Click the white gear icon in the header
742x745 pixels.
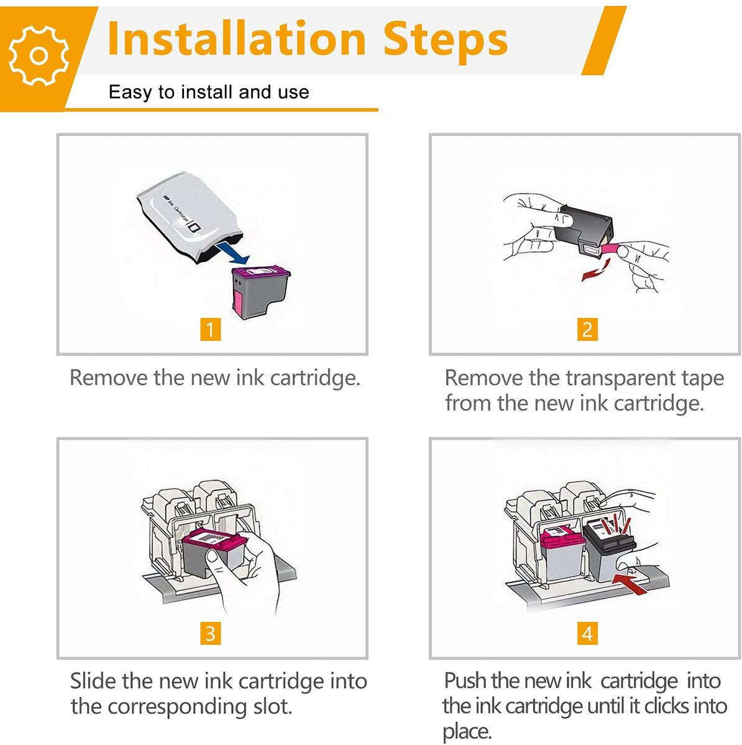coord(39,55)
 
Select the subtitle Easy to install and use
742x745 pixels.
coord(209,93)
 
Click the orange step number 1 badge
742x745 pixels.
coord(211,329)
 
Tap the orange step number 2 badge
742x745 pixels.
coord(587,329)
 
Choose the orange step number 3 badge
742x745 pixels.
coord(211,633)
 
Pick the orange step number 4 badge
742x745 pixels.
coord(587,633)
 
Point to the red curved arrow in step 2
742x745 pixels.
coord(594,271)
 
